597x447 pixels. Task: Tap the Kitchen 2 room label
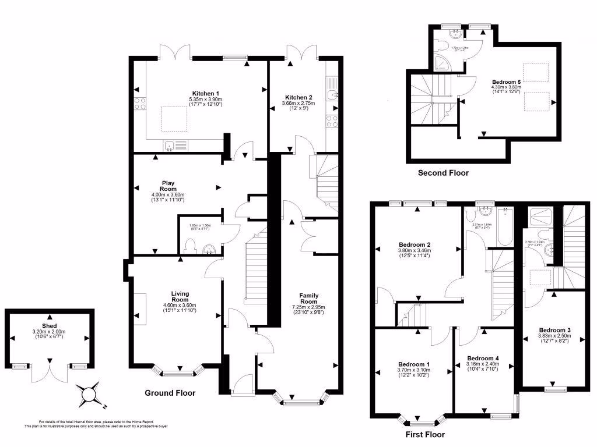[298, 97]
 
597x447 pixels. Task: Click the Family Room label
[308, 299]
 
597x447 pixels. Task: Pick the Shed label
[49, 325]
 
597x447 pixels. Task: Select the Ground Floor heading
[170, 393]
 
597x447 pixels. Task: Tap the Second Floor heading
[443, 173]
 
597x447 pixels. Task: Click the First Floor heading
[424, 434]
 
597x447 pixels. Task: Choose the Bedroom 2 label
[415, 244]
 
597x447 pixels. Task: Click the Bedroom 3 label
[554, 330]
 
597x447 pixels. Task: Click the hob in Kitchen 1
[141, 104]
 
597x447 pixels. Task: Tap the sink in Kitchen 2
[332, 95]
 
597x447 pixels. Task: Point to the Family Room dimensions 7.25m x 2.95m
[308, 306]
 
